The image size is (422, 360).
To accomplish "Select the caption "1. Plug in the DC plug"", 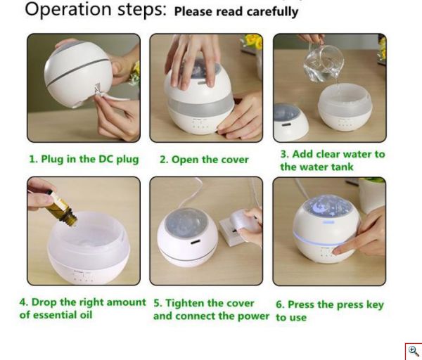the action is click(x=84, y=160).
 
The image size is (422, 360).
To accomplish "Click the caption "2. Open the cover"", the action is click(x=204, y=160).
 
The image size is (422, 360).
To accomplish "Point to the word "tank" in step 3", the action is click(x=342, y=167).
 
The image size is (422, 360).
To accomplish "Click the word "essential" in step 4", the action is click(x=56, y=315).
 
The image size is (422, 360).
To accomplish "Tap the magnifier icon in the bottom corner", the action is click(x=413, y=351).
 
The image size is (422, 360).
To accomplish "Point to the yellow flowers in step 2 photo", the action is click(x=253, y=41).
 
